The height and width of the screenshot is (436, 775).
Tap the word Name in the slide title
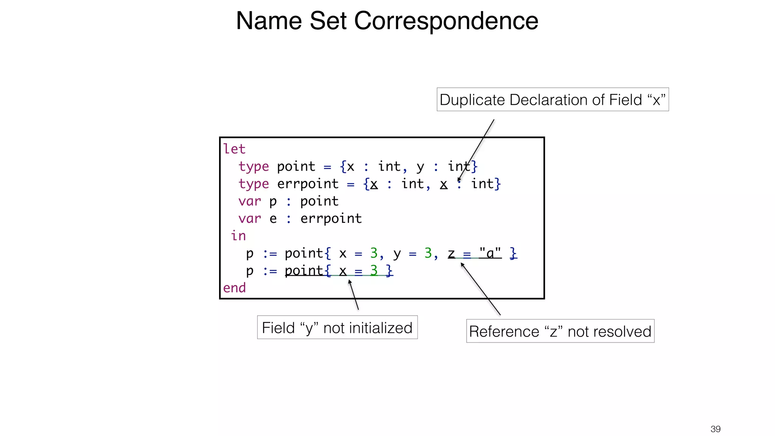pos(269,21)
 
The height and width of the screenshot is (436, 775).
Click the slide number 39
pos(715,429)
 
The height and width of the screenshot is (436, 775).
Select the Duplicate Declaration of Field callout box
pos(552,100)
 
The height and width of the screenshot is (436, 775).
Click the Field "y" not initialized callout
pos(337,327)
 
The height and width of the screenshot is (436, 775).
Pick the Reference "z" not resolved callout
pos(560,331)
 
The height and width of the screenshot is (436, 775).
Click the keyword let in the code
pos(234,149)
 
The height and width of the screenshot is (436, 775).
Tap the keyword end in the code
pos(234,288)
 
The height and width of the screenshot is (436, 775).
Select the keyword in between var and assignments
pos(238,236)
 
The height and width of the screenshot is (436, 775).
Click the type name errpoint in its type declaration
pos(308,184)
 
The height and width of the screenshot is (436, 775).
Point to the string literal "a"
pos(490,253)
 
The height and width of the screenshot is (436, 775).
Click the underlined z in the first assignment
pos(451,253)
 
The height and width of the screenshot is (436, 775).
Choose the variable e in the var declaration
pos(273,219)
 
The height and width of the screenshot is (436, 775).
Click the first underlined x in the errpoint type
pos(374,184)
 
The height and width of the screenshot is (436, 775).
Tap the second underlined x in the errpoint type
pos(444,184)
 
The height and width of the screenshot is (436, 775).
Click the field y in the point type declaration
pos(420,167)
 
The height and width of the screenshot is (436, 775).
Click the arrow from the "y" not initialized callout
pos(353,295)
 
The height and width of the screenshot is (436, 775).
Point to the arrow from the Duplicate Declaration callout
pos(476,150)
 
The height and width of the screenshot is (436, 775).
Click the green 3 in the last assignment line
pos(374,270)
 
